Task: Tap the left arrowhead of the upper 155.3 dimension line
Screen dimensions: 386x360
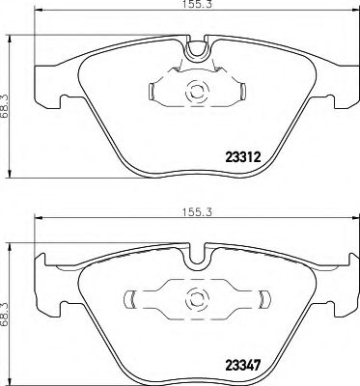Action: (39, 18)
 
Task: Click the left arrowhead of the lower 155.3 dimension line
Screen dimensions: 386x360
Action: (39, 220)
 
